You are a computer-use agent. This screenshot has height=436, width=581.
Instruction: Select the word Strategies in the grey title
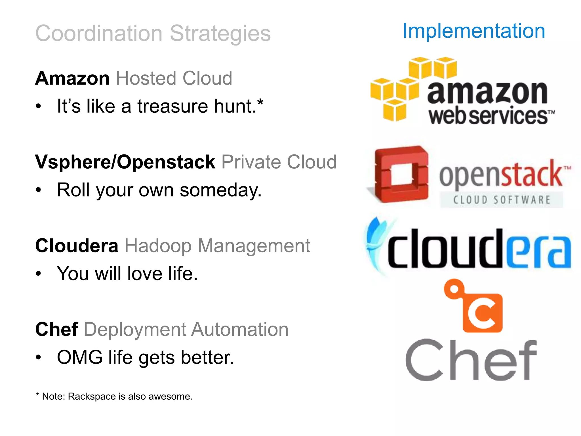click(x=220, y=33)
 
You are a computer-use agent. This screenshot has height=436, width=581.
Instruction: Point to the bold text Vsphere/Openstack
click(x=125, y=162)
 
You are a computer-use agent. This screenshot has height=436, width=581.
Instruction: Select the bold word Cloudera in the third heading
click(x=77, y=246)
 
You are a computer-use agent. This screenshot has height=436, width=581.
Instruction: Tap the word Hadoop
click(x=158, y=246)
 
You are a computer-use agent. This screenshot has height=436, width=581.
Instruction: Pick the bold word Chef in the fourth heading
click(x=56, y=329)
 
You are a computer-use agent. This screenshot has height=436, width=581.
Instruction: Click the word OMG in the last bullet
click(x=80, y=357)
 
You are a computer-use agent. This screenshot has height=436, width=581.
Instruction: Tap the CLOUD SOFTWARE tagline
click(x=501, y=200)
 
